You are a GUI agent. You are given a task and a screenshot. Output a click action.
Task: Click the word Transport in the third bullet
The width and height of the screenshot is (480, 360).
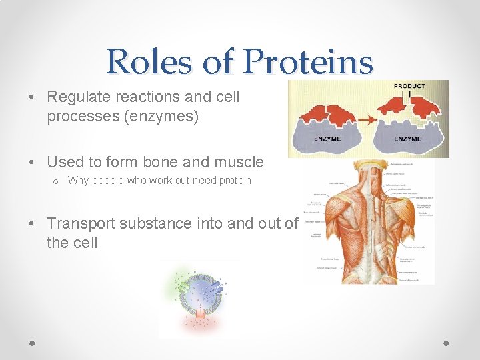[x=80, y=223]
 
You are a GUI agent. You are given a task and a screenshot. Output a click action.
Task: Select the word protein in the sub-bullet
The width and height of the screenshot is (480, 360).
[x=234, y=180]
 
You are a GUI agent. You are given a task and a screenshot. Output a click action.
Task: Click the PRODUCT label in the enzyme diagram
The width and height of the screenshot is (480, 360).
[x=409, y=86]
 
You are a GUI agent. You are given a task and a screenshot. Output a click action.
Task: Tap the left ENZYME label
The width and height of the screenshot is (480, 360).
[x=327, y=139]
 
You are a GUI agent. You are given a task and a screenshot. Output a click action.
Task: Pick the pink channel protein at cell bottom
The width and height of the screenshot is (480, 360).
[x=199, y=314]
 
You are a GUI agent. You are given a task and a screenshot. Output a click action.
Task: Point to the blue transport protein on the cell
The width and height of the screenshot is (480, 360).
[x=217, y=287]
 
